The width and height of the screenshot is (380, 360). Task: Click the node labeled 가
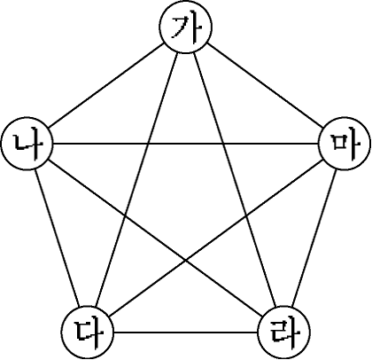185,27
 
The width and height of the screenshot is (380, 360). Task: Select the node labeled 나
27,144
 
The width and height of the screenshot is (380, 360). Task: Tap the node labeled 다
88,333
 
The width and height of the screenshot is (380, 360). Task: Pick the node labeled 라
284,333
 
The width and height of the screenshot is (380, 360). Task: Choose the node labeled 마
345,144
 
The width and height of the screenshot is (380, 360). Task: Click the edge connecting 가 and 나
106,85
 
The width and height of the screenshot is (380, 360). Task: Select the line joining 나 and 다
58,238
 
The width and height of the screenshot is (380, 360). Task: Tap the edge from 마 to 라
314,238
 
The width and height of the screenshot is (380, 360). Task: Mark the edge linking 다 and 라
186,333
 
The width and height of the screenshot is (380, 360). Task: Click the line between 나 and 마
186,144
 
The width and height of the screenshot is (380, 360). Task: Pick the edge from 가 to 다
136,180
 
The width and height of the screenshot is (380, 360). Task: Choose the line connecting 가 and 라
235,180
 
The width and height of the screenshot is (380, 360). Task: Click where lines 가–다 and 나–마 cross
148,144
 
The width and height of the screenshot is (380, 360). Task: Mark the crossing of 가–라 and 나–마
223,144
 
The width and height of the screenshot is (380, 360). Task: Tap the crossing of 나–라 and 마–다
186,260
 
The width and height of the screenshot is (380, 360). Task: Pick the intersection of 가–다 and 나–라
125,216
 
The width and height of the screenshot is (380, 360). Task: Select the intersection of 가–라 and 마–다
246,216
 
